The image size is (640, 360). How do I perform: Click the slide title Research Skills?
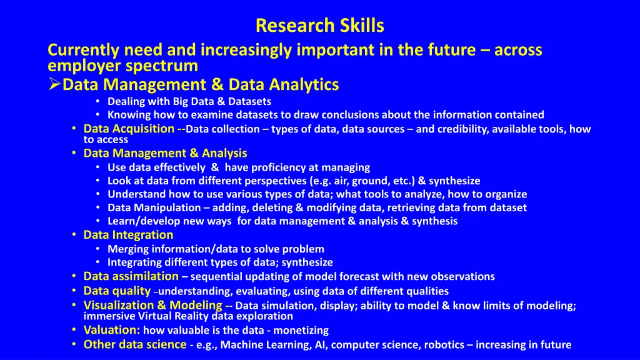coord(319,26)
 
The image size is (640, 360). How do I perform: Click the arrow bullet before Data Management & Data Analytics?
coord(54,84)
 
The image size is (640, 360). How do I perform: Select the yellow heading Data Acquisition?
coord(129,129)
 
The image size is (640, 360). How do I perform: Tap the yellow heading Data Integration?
coord(128,235)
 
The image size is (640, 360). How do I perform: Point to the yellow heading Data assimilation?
coord(131,276)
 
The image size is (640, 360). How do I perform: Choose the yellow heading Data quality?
coord(117,291)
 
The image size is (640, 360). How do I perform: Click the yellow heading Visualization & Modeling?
coord(153,306)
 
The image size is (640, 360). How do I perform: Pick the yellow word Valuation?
coord(112,330)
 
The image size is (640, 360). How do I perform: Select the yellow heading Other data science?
coord(135,344)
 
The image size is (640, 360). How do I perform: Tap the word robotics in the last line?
coord(443,344)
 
